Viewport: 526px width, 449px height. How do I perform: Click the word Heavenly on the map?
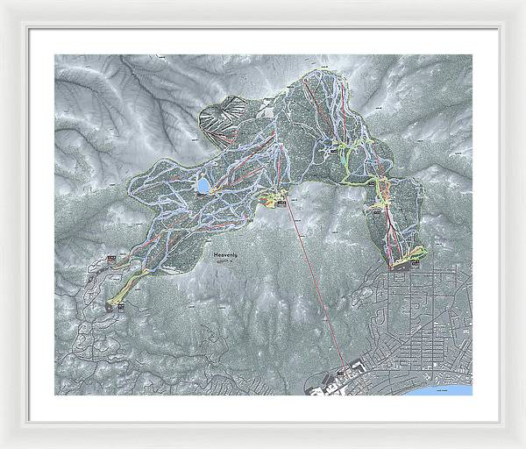pos(226,254)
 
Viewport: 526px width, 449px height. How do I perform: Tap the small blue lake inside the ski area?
pos(203,187)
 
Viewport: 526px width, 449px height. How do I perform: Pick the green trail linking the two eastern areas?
pos(359,175)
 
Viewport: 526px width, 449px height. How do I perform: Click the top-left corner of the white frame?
pos(4,4)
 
